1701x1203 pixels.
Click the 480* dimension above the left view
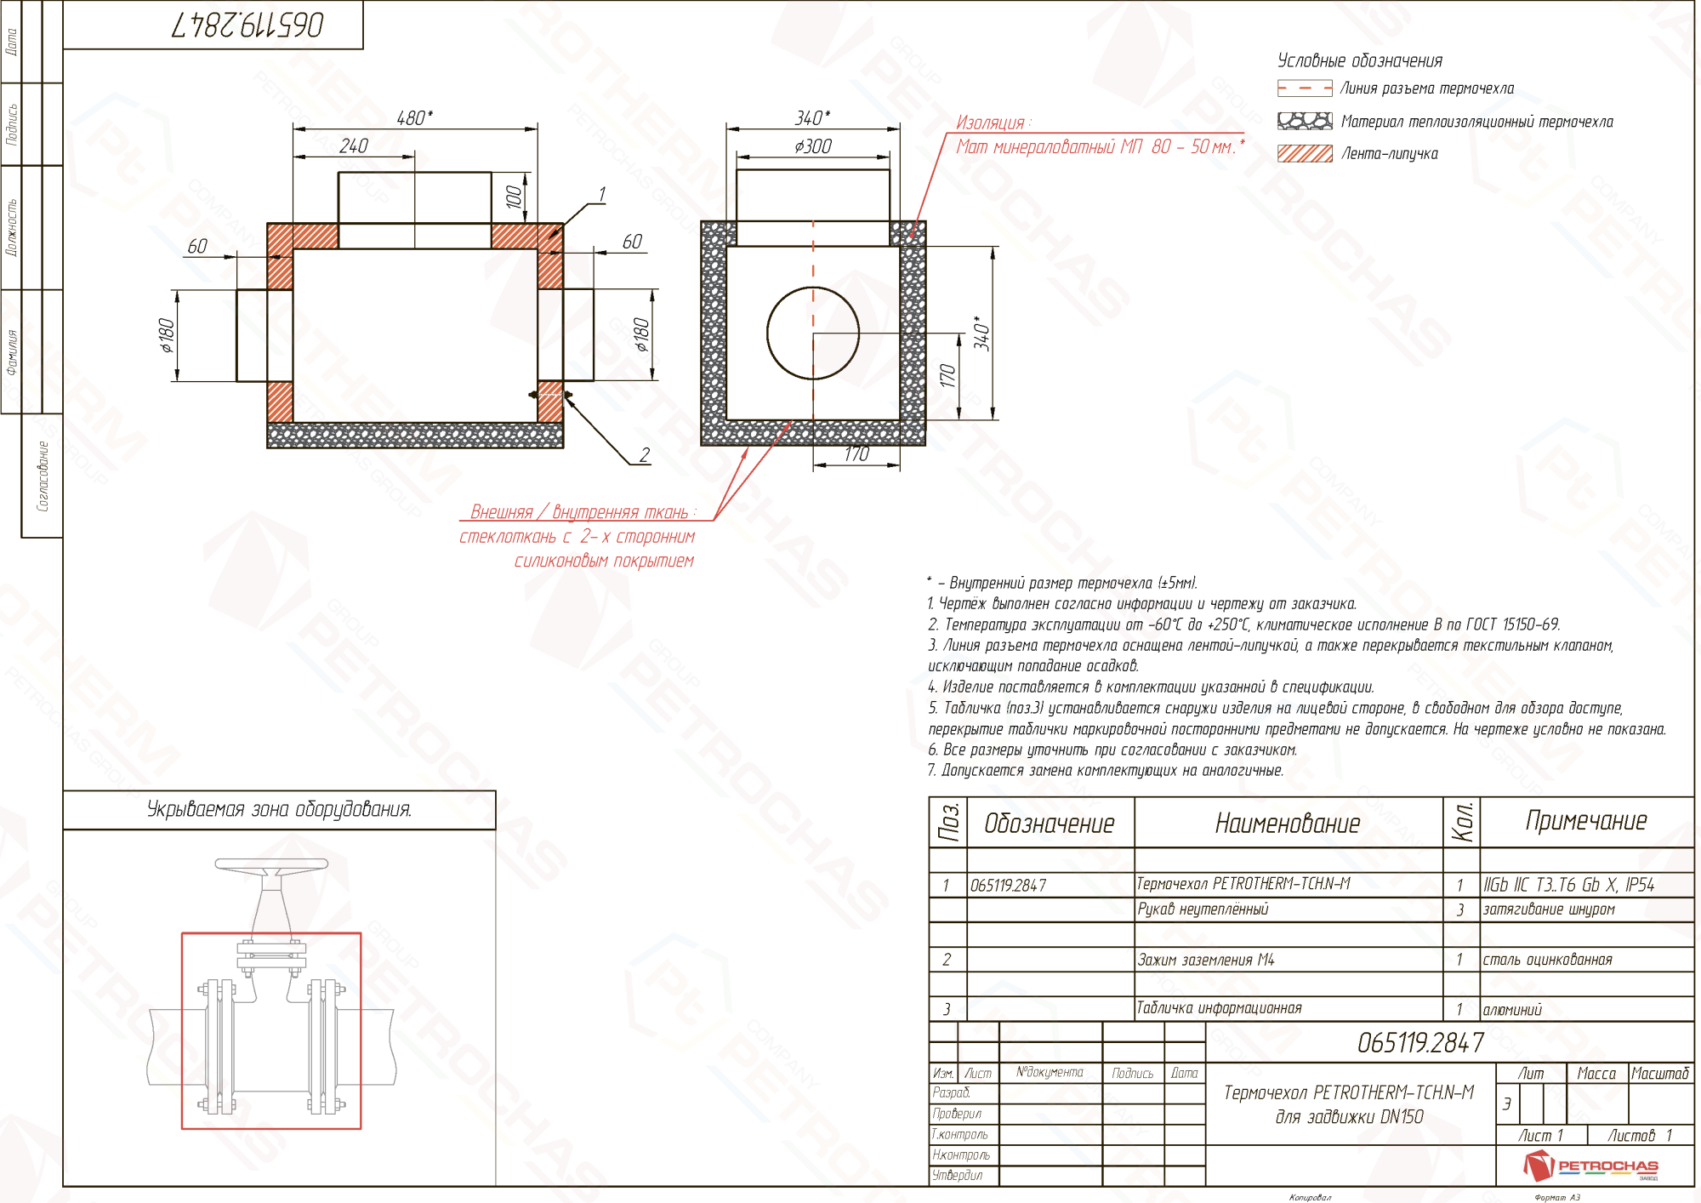(x=414, y=117)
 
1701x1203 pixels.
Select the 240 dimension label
(x=353, y=146)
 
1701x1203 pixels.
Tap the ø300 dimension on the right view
(x=813, y=146)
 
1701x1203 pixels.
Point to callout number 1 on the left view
(x=602, y=195)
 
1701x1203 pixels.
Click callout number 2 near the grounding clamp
(x=645, y=455)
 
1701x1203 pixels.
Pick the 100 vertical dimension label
(x=514, y=197)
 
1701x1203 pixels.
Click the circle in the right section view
(x=813, y=333)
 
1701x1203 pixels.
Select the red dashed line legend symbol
(x=1305, y=88)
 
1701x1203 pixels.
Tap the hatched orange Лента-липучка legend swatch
(x=1305, y=154)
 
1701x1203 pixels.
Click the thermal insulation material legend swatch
(x=1305, y=121)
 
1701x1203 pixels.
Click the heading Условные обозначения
(x=1360, y=60)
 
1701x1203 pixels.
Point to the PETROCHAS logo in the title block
(x=1590, y=1166)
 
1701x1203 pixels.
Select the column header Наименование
(x=1288, y=823)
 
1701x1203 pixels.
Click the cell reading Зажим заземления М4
(x=1206, y=960)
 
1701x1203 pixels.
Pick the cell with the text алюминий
(x=1512, y=1010)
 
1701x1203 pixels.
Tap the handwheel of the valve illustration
(x=271, y=865)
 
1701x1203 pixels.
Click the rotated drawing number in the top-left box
(x=247, y=26)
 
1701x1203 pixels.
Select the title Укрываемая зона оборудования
(x=279, y=809)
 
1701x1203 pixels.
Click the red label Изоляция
(x=993, y=123)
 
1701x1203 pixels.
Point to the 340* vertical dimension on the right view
(x=982, y=333)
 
